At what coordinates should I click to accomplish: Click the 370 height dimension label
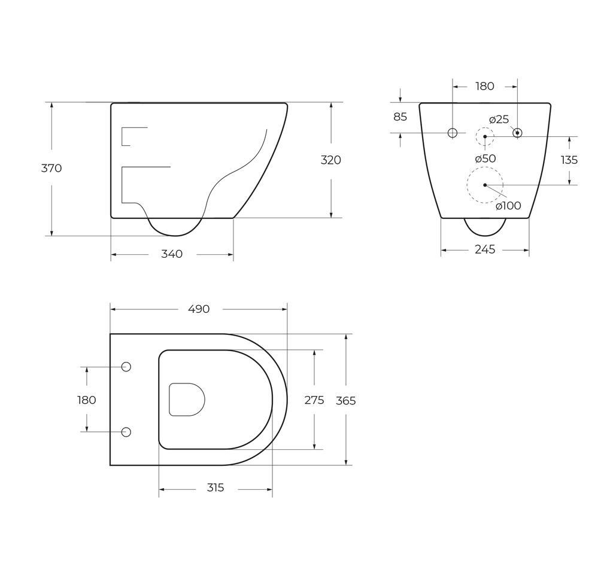[51, 168]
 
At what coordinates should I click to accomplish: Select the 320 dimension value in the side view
[331, 160]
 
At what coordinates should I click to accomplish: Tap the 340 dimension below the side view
[172, 254]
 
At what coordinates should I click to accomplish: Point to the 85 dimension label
[400, 117]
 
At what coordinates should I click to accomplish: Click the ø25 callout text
[499, 120]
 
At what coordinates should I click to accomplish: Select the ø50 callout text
[485, 159]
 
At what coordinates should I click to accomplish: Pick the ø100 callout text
[508, 206]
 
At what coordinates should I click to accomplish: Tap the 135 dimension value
[569, 160]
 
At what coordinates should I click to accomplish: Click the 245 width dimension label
[485, 249]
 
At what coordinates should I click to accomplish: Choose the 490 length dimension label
[199, 309]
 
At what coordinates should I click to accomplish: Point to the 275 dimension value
[314, 400]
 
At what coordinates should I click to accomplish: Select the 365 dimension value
[346, 401]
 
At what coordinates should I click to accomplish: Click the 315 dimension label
[216, 488]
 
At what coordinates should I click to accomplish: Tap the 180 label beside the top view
[87, 400]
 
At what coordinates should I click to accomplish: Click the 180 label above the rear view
[485, 86]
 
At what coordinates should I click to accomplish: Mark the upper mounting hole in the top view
[126, 367]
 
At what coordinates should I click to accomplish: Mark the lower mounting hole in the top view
[126, 432]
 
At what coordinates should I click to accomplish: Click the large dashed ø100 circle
[485, 185]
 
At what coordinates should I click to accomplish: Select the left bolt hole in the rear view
[453, 133]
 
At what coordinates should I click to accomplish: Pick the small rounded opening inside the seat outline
[187, 400]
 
